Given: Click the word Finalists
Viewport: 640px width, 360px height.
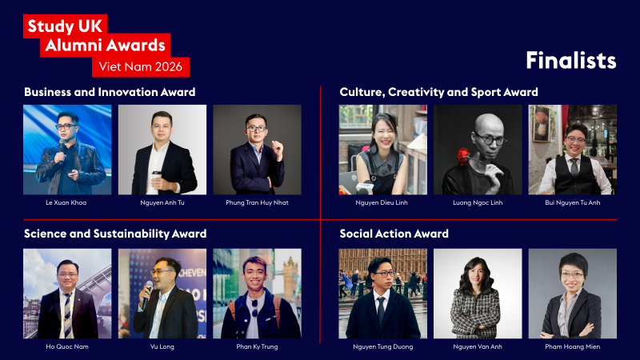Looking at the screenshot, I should (x=570, y=61).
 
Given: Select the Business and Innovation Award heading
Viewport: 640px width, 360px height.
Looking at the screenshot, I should (x=110, y=92).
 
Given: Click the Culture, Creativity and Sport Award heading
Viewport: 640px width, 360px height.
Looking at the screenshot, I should (x=438, y=92).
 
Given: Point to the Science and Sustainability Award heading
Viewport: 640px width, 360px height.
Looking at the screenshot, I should (x=115, y=234).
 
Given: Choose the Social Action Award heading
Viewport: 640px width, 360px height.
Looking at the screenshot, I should (x=394, y=234).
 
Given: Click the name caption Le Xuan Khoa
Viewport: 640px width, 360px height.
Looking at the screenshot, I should (x=67, y=202).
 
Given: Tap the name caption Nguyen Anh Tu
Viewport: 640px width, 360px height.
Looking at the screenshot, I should (x=162, y=202).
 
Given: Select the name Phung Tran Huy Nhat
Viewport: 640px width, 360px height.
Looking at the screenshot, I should (x=257, y=202).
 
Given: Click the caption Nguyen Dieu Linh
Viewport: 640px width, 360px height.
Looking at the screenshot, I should (x=382, y=202).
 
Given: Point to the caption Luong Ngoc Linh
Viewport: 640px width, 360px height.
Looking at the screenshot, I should (x=478, y=202).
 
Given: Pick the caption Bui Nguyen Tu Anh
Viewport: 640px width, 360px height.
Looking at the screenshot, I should (x=572, y=202).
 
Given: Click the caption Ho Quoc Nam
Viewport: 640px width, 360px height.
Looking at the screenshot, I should (x=67, y=346).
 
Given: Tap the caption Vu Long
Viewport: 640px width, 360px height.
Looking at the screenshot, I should (x=162, y=346).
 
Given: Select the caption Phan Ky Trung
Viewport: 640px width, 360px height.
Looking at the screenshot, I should (x=257, y=346).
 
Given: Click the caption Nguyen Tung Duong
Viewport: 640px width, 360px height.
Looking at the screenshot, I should (x=382, y=346).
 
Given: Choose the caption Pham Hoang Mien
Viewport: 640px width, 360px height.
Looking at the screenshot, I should (x=572, y=346).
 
